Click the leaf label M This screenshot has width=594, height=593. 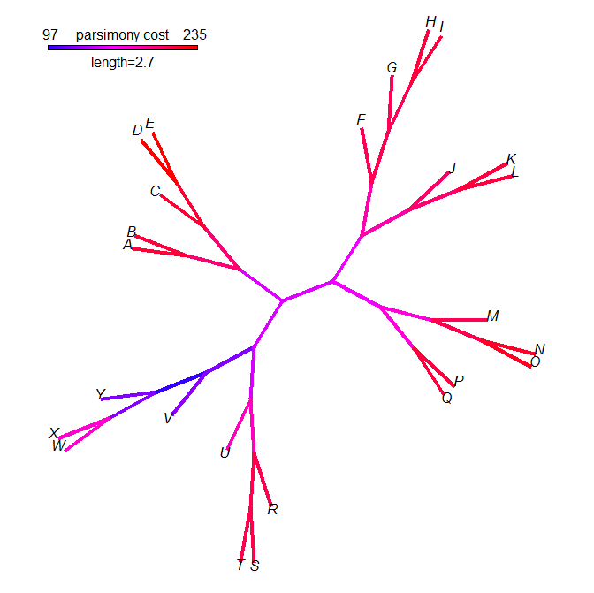pyautogui.click(x=493, y=316)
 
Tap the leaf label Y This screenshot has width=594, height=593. pyautogui.click(x=100, y=394)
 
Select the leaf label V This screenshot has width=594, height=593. pyautogui.click(x=168, y=418)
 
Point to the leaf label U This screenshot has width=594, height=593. pyautogui.click(x=225, y=453)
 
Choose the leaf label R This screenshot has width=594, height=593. pyautogui.click(x=273, y=509)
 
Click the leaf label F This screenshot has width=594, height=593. pyautogui.click(x=361, y=119)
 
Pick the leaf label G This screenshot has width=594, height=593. pyautogui.click(x=392, y=68)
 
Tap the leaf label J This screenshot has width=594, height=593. pyautogui.click(x=453, y=168)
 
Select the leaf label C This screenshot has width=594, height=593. pyautogui.click(x=155, y=191)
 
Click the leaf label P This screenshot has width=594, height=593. pyautogui.click(x=459, y=381)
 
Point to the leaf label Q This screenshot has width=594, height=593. pyautogui.click(x=446, y=398)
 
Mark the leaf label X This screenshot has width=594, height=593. pyautogui.click(x=54, y=433)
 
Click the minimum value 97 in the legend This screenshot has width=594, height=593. pyautogui.click(x=50, y=34)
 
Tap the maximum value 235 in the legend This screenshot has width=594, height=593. pyautogui.click(x=194, y=34)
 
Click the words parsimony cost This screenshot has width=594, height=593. pyautogui.click(x=122, y=34)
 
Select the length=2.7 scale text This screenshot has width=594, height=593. pyautogui.click(x=123, y=63)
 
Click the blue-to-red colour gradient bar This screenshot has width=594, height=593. pyautogui.click(x=123, y=48)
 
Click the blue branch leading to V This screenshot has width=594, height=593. pyautogui.click(x=189, y=393)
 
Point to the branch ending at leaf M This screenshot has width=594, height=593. pyautogui.click(x=460, y=320)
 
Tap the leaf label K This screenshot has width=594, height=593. pyautogui.click(x=511, y=159)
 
